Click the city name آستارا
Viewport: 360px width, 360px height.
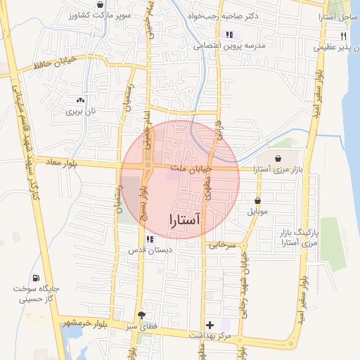coord(185,219)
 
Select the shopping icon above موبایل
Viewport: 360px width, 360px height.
coord(258,201)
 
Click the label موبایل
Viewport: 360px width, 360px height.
coord(258,211)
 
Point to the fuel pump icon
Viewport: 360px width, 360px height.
coord(36,278)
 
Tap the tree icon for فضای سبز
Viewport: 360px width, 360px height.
coord(142,315)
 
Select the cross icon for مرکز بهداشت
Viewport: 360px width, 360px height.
coord(210,325)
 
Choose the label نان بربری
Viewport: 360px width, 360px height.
coord(79,111)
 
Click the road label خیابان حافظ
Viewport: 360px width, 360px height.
coord(53,65)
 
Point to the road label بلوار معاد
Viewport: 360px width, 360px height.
coord(60,163)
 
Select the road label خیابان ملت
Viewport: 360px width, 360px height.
coord(193,169)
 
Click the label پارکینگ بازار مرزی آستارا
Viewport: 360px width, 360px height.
coord(300,237)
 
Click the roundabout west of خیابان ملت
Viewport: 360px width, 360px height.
coord(148,166)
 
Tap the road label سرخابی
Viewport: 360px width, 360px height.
coord(219,245)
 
